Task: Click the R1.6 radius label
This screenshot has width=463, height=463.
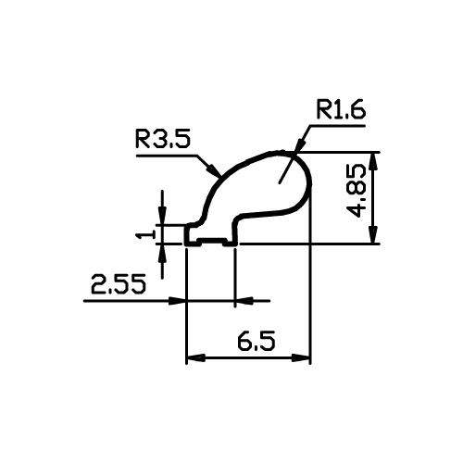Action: click(341, 109)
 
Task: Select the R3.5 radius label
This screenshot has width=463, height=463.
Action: click(163, 139)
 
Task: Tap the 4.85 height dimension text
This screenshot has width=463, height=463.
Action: click(356, 191)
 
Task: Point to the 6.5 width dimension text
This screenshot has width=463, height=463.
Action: click(257, 341)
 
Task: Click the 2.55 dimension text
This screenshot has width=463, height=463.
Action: click(118, 284)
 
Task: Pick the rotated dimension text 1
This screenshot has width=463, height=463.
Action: click(145, 235)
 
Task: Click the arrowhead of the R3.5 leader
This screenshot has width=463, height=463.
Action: click(214, 170)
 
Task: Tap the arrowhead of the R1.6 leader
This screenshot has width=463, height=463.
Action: click(301, 144)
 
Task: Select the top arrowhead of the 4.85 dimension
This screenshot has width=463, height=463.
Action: click(374, 161)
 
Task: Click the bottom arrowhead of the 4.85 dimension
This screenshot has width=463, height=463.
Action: click(374, 235)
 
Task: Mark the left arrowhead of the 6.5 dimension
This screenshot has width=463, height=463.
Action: click(196, 358)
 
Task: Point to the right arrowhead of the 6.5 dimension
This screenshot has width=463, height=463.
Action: click(301, 358)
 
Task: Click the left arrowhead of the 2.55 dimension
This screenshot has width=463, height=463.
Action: click(177, 300)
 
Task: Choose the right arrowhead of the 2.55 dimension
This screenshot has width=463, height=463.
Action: click(244, 300)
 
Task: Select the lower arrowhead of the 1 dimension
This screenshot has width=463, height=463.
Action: click(162, 254)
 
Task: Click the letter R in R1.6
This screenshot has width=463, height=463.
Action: click(324, 109)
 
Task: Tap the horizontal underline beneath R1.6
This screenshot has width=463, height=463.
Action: click(337, 126)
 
